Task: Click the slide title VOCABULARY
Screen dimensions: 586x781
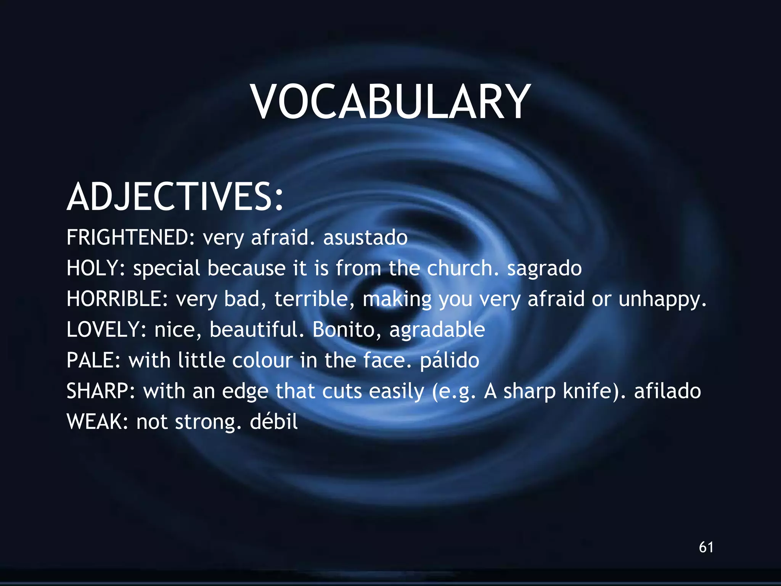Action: coord(390,102)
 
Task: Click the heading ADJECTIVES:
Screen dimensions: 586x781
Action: coord(175,197)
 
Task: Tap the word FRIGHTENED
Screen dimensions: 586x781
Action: coord(128,237)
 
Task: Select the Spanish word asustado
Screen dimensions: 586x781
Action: coord(365,237)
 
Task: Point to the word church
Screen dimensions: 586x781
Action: coord(460,268)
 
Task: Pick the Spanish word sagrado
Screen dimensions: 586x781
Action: coord(544,269)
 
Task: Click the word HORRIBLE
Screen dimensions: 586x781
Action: coord(114,299)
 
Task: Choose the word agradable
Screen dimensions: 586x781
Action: coord(437,330)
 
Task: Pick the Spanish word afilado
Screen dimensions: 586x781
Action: coord(667,391)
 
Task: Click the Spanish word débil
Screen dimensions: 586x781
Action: coord(273,422)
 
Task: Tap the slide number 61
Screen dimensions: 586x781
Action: coord(706,547)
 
